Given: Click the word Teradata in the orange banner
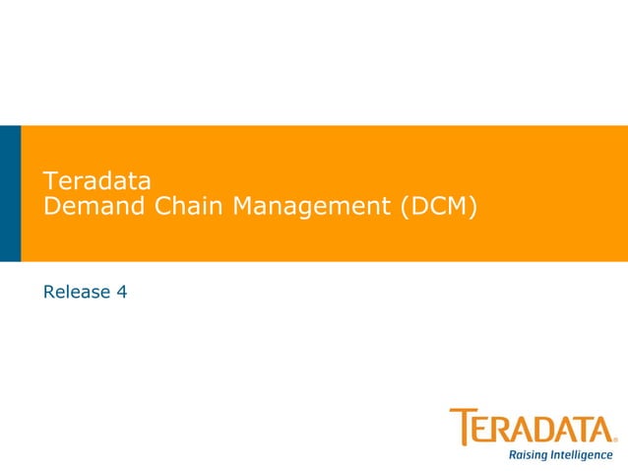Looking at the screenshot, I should click(x=96, y=181).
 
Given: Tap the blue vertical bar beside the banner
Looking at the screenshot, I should click(x=10, y=193).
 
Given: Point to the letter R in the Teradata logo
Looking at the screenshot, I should click(x=502, y=430).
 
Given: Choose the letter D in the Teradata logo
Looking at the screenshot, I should click(x=545, y=430).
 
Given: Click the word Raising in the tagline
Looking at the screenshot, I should click(x=529, y=455).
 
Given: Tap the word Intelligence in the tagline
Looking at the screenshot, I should click(x=583, y=455).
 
